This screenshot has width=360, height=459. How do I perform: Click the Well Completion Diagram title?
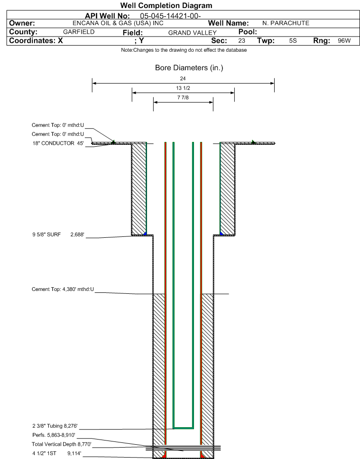[166, 6]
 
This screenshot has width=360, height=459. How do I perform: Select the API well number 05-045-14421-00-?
[170, 16]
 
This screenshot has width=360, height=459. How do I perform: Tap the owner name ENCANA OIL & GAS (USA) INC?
[118, 23]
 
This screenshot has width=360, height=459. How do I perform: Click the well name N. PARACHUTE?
[286, 23]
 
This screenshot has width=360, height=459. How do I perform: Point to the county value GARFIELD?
[79, 32]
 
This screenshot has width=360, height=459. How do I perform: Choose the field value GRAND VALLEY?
[192, 33]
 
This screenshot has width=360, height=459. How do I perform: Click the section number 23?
[241, 41]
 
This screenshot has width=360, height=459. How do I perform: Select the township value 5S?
[293, 41]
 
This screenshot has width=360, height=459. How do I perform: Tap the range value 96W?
[344, 41]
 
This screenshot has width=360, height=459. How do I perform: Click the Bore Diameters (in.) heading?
[189, 68]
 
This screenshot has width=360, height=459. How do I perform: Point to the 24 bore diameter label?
[183, 78]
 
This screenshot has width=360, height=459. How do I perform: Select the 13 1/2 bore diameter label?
[183, 88]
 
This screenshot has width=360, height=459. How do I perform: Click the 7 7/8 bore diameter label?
[183, 97]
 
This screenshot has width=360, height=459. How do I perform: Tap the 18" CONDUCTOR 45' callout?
[58, 143]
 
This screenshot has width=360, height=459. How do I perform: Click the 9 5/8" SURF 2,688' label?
[58, 234]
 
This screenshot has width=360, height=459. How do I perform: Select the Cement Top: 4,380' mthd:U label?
[63, 289]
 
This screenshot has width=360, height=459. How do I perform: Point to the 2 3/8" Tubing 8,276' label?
[55, 426]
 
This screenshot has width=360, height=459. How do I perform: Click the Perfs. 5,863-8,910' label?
[54, 435]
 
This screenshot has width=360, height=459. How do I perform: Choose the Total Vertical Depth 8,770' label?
[62, 444]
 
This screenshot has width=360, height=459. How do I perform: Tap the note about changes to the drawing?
[184, 50]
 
